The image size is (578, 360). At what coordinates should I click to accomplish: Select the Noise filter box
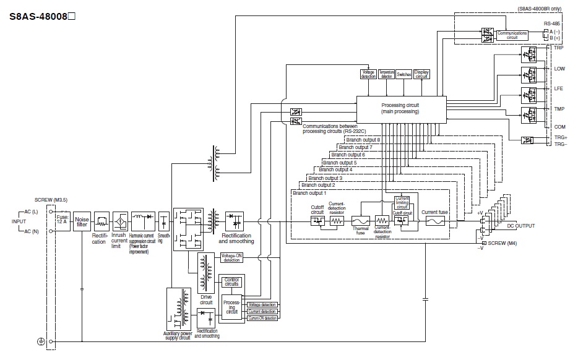click(x=82, y=221)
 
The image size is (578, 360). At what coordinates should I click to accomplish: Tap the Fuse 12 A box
click(x=62, y=221)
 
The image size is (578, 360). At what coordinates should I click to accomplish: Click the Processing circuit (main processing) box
click(x=400, y=108)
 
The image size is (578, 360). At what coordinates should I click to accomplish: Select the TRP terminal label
click(x=559, y=48)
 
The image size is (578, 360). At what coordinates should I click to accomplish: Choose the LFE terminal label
click(x=559, y=88)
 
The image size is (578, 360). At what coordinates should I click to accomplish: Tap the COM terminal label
click(x=559, y=126)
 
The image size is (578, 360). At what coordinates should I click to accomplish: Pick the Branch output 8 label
click(x=363, y=140)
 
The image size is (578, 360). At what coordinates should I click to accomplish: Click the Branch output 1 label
click(x=309, y=193)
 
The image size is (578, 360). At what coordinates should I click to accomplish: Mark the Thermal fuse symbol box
click(x=361, y=220)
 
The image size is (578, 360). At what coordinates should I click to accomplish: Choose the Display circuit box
click(x=422, y=74)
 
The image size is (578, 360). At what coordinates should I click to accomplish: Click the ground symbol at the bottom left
click(x=41, y=341)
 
